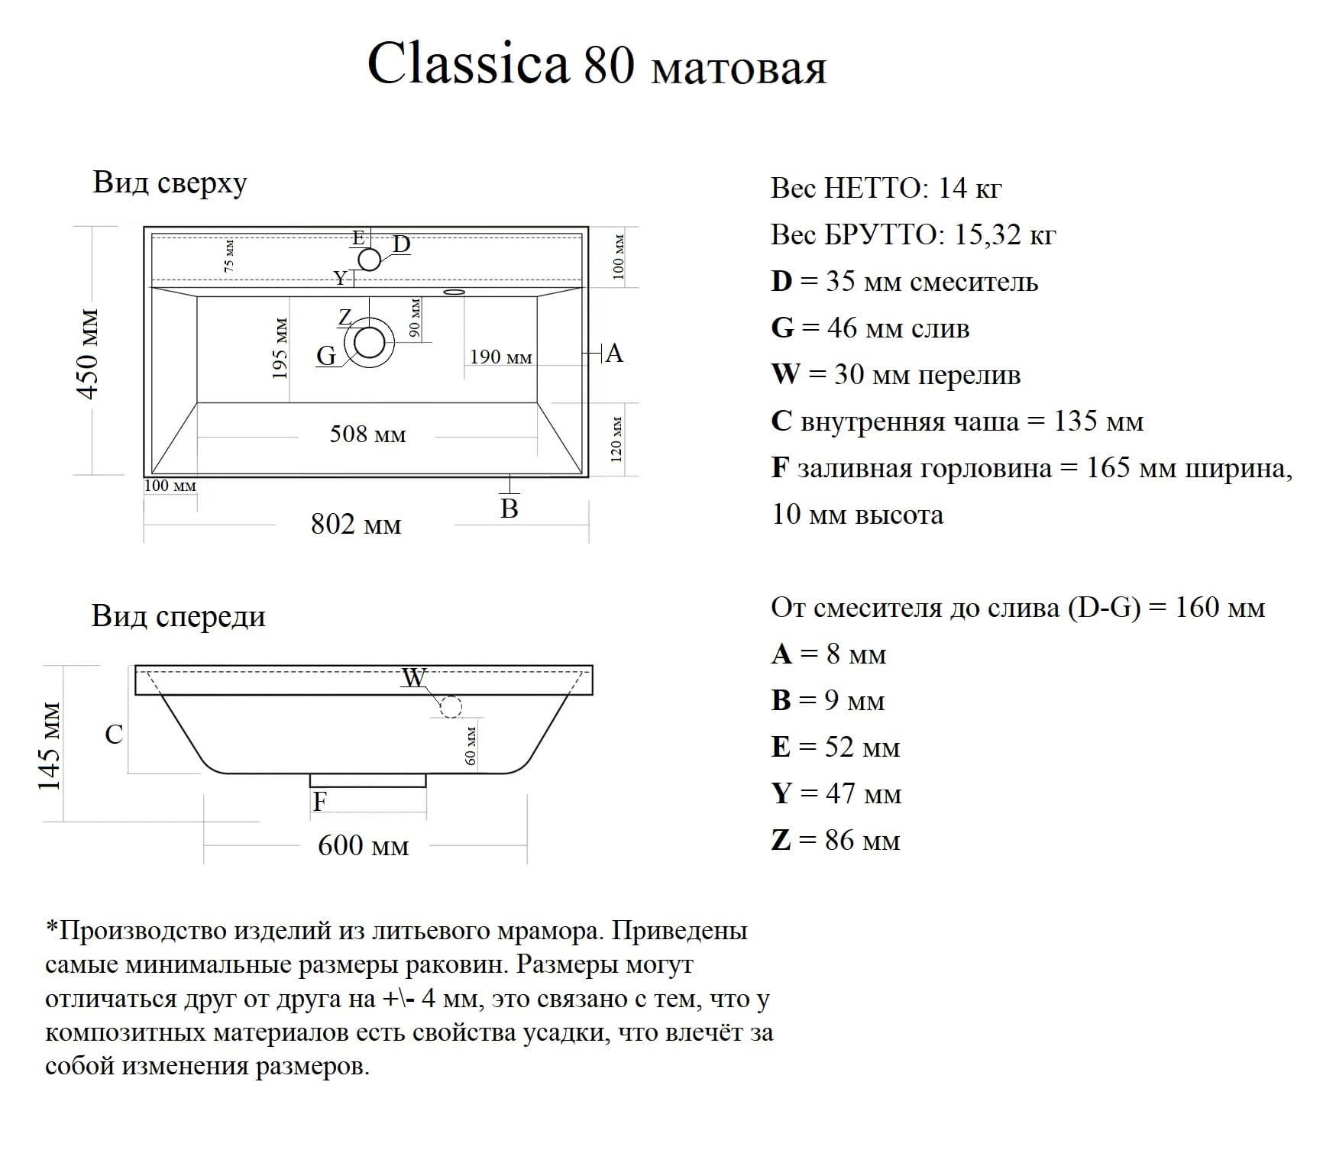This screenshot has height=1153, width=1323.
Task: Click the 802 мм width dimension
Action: (356, 525)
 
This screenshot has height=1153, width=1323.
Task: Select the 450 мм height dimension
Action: (89, 354)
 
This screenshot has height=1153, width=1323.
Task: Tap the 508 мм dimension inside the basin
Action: (367, 434)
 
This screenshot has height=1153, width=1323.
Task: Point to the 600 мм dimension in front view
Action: (364, 845)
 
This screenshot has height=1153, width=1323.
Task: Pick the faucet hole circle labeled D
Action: (370, 260)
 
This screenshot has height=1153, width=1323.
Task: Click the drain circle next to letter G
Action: (370, 343)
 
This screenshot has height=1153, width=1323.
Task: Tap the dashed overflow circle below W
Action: (451, 707)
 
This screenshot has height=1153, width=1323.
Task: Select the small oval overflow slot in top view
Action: (454, 291)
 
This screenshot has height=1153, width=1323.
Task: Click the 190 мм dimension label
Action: (500, 357)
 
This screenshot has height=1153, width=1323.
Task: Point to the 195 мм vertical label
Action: (280, 348)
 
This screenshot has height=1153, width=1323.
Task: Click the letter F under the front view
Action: (320, 802)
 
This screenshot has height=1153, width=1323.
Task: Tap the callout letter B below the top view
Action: (509, 509)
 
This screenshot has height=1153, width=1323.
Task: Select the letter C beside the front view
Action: (114, 735)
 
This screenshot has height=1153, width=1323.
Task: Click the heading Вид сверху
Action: (170, 184)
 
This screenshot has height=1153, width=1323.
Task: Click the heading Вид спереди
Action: (178, 616)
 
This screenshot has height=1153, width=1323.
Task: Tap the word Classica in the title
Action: (468, 63)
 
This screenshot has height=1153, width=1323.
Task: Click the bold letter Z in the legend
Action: (781, 841)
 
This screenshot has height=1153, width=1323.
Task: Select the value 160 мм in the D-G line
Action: (1220, 608)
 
